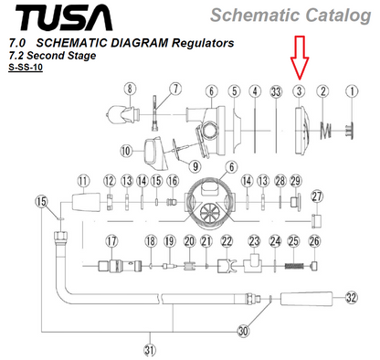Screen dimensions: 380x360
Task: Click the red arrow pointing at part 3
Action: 300,58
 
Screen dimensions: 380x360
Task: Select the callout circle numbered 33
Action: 276,91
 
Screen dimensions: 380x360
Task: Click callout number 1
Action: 352,91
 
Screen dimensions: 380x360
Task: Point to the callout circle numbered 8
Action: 130,89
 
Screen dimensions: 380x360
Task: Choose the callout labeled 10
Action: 126,151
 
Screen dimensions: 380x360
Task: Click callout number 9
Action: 195,166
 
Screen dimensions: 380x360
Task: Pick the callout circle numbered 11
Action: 83,181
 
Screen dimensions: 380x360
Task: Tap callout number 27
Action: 317,196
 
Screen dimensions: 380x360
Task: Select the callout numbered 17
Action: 111,241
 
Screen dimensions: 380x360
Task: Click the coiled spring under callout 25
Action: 294,266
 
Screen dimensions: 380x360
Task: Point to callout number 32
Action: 351,297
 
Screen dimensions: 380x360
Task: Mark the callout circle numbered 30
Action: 243,331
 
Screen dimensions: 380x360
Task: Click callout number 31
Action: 150,350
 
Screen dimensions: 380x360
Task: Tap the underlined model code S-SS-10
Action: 26,68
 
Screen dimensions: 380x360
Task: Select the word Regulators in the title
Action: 203,43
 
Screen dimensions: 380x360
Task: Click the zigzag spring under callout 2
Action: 326,131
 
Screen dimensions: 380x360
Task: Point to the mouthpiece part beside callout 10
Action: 156,154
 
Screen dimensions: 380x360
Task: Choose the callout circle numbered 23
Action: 254,241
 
